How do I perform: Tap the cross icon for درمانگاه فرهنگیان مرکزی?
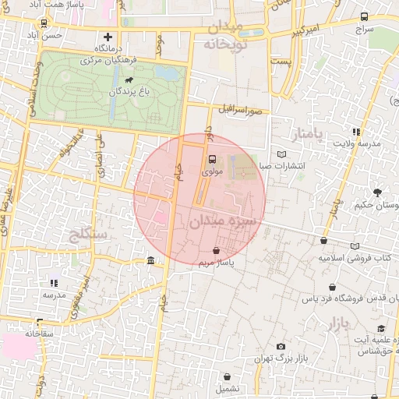108,37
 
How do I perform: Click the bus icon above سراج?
364,16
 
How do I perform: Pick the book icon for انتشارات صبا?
281,154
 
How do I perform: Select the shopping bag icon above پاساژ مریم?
216,250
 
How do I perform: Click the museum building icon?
150,260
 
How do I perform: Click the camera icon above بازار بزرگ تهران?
281,346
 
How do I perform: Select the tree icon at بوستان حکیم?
379,192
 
